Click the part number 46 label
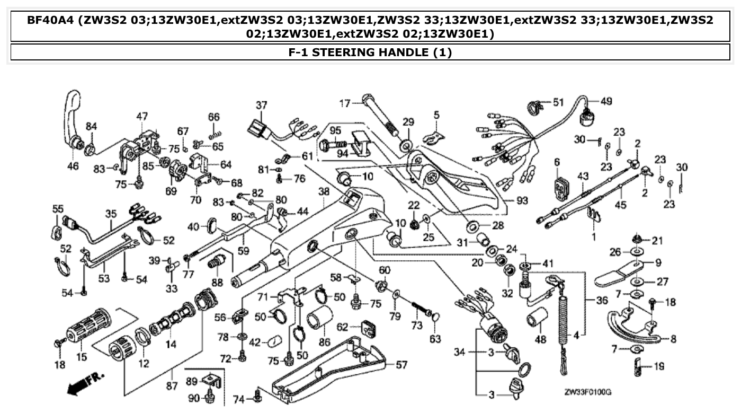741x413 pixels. pyautogui.click(x=73, y=166)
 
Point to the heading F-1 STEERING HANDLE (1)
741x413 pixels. pyautogui.click(x=370, y=52)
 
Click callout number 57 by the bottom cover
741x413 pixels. pyautogui.click(x=403, y=365)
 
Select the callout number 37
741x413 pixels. pyautogui.click(x=261, y=105)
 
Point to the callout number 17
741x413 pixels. pyautogui.click(x=345, y=103)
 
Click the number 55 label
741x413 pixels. pyautogui.click(x=58, y=209)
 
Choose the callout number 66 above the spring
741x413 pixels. pyautogui.click(x=213, y=117)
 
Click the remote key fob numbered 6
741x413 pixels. pyautogui.click(x=557, y=188)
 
